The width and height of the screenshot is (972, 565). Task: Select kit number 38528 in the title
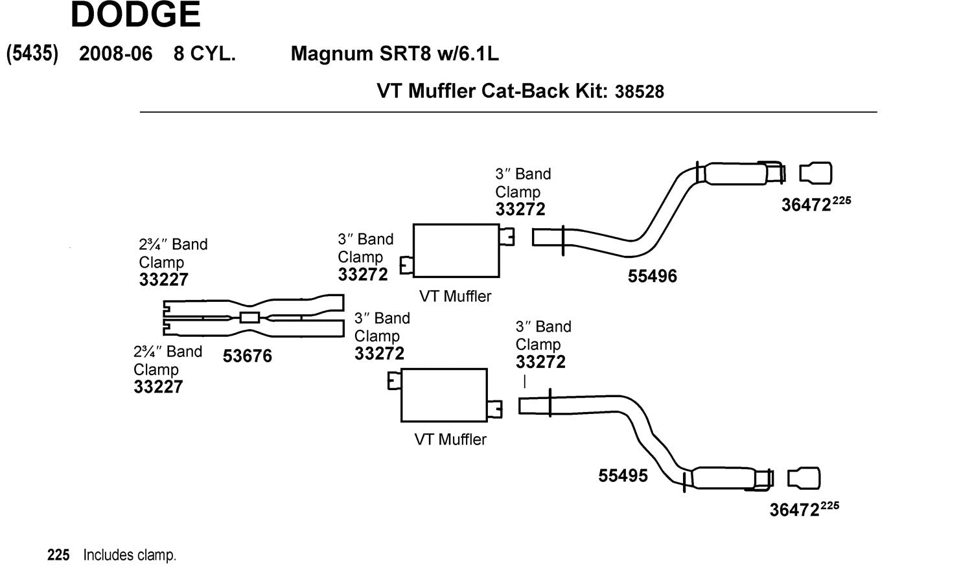pos(640,91)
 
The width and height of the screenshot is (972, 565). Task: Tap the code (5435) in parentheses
pos(32,53)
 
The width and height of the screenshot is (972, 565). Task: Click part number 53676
pos(248,356)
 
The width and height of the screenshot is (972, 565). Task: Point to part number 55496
pos(652,276)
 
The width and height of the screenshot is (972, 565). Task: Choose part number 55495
pos(623,476)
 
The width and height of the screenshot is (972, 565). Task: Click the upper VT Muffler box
pos(456,251)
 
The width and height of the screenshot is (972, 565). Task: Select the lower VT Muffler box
pos(444,395)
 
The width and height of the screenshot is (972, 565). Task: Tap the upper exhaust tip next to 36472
pos(815,174)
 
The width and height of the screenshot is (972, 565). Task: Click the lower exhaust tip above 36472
pos(804,478)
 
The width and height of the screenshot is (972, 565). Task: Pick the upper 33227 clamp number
pos(163,280)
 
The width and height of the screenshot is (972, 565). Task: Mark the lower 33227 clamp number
pos(158,387)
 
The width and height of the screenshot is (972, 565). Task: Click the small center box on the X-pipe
pos(249,317)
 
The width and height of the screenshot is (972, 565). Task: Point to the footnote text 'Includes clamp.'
pos(130,555)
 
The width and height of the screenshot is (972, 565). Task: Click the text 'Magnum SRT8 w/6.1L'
pos(395,53)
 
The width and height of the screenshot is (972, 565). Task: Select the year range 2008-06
pos(115,53)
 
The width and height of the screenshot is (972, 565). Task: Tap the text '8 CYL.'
pos(204,53)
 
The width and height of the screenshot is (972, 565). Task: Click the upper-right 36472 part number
pos(806,205)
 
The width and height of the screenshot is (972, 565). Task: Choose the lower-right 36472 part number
pos(794,510)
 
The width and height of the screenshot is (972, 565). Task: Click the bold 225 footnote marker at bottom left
pos(58,555)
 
